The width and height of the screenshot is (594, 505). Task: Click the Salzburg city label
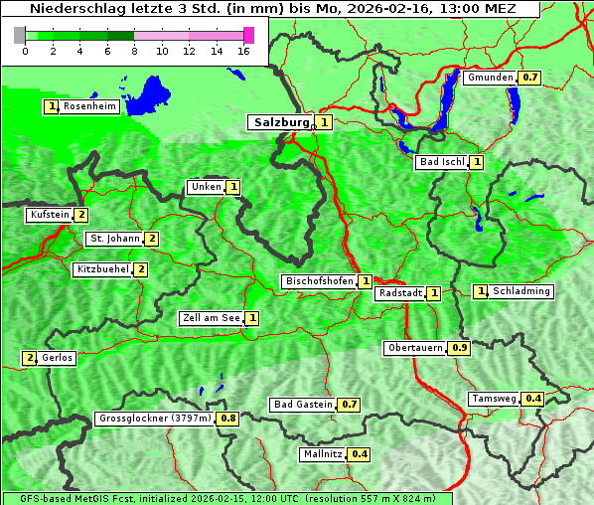point(281,122)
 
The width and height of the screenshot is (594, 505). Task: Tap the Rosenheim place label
point(89,106)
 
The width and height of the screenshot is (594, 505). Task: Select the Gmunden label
point(490,78)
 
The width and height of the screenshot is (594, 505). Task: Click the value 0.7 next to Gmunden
point(529,78)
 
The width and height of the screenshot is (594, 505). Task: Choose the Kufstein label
point(50,215)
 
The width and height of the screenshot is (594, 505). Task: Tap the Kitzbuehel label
point(102,269)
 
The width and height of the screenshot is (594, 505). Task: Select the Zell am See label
point(212,318)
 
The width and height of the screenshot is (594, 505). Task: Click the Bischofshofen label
point(319,282)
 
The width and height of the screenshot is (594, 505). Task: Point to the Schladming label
point(521,291)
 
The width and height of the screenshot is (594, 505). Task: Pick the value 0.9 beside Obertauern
point(460,348)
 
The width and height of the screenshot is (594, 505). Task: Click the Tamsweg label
point(494,399)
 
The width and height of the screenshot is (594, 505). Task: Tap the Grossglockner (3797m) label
point(155,419)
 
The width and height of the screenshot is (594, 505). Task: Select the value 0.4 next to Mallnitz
point(360,454)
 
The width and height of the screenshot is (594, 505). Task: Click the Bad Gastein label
point(303,405)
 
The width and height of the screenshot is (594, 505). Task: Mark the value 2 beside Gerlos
point(30,358)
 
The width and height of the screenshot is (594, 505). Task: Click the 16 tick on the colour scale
point(244,52)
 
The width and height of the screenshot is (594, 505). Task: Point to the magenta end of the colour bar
point(248,35)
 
